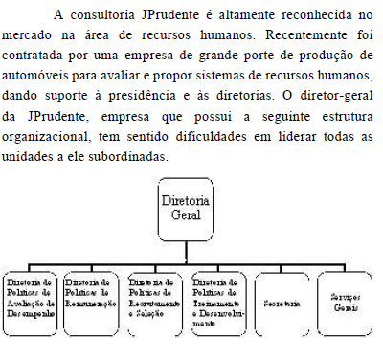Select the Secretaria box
pos(284,304)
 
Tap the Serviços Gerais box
pos(346,303)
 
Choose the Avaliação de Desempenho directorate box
pos(31,304)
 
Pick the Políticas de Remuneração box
pos(93,304)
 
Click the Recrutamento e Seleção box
pos(156,304)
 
